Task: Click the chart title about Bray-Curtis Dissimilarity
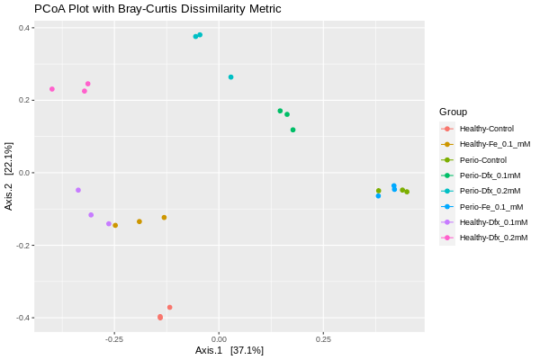tap(157, 9)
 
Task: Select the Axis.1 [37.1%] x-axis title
tap(229, 350)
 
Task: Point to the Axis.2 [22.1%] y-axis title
tap(9, 175)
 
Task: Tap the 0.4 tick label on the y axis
tap(26, 28)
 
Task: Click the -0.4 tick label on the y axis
tap(24, 318)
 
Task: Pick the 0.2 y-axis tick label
tap(26, 100)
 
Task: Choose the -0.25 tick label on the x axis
tap(113, 339)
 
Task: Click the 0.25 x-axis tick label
tap(323, 339)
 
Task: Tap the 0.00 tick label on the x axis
tap(220, 339)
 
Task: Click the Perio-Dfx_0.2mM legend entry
tap(490, 191)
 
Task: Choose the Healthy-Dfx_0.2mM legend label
tap(493, 238)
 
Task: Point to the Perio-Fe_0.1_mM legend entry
tap(490, 206)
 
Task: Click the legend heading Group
tap(453, 112)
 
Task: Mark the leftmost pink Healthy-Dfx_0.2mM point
tap(52, 89)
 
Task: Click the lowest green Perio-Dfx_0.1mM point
tap(292, 130)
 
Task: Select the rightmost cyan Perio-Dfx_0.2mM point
tap(230, 77)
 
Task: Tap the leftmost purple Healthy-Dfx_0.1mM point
tap(78, 190)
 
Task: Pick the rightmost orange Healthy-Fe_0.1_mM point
tap(164, 217)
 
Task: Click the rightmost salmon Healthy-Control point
tap(169, 308)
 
